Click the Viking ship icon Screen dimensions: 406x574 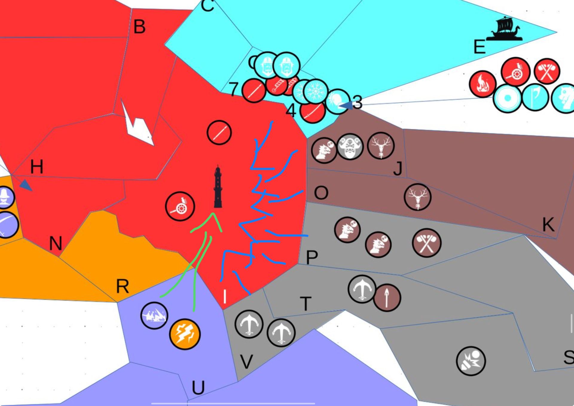[x=505, y=29]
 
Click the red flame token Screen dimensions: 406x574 [x=482, y=84]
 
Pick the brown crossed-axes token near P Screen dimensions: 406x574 [x=426, y=243]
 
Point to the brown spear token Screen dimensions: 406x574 [x=387, y=298]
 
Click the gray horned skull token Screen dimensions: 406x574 [x=350, y=147]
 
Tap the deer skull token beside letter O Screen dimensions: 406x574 [x=417, y=197]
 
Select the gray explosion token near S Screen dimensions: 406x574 [x=471, y=361]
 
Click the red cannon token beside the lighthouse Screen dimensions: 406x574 [x=180, y=206]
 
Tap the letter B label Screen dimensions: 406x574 [x=139, y=27]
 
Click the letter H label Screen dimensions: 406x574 [x=37, y=167]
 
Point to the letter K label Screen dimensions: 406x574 [x=548, y=224]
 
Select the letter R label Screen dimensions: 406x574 [x=123, y=287]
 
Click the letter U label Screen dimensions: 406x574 [x=198, y=388]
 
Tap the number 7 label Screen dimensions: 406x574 [x=233, y=89]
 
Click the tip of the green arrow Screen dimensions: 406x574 [x=213, y=214]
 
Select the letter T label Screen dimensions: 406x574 [x=306, y=304]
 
